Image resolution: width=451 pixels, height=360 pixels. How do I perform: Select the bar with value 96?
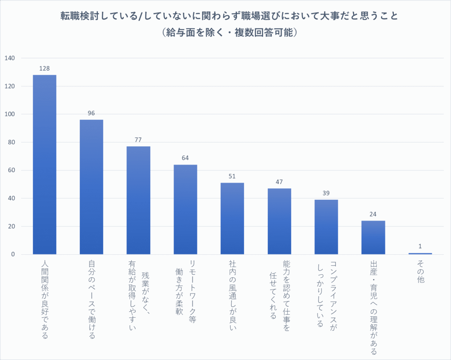(x=91, y=187)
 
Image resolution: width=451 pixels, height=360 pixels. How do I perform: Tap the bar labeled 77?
(x=138, y=200)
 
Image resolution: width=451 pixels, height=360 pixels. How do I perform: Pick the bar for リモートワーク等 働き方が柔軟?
(x=185, y=209)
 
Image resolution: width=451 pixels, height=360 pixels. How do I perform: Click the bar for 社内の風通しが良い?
(x=232, y=218)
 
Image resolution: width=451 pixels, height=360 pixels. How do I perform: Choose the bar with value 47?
(x=279, y=221)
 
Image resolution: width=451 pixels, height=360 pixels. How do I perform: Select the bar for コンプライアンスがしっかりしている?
(x=326, y=227)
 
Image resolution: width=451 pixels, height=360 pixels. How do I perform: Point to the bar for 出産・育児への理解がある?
(x=373, y=237)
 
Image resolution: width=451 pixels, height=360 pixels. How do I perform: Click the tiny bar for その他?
(x=420, y=253)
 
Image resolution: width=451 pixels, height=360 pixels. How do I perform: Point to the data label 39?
(x=326, y=193)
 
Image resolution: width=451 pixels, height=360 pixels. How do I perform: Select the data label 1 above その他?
(x=420, y=246)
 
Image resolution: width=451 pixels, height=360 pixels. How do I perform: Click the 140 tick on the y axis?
(x=9, y=58)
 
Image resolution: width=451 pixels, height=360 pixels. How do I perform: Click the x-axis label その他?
(x=420, y=271)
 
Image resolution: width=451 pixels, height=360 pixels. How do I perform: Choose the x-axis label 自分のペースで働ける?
(x=92, y=300)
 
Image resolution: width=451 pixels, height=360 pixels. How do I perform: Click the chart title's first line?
(x=229, y=16)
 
